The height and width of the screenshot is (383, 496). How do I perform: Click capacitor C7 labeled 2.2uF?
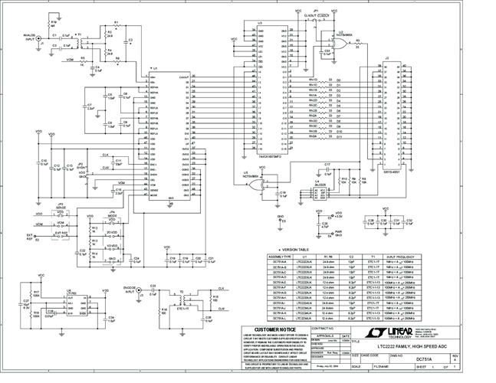click(90, 107)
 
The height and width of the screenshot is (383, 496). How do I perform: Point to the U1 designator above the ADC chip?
click(155, 68)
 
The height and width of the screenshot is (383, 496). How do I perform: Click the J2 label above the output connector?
click(387, 58)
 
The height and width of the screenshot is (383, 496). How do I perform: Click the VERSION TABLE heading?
click(295, 249)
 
